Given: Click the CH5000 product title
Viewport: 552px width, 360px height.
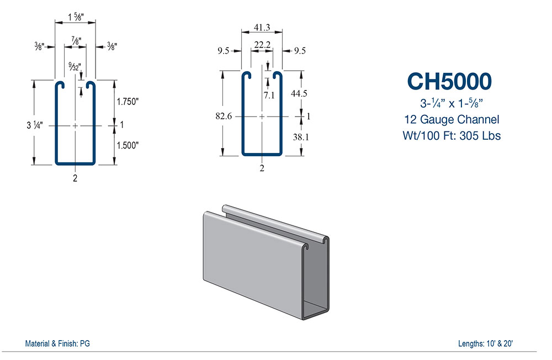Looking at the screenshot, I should pyautogui.click(x=449, y=81).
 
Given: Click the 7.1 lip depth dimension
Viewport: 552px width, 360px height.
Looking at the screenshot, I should pyautogui.click(x=269, y=95).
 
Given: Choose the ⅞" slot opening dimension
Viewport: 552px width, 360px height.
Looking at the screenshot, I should pyautogui.click(x=75, y=41).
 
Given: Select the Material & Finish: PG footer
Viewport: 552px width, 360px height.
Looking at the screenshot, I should pyautogui.click(x=57, y=343).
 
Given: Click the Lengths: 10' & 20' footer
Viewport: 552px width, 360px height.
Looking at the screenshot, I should pyautogui.click(x=486, y=343).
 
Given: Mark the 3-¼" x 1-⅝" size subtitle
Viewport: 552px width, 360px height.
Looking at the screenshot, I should pyautogui.click(x=449, y=103).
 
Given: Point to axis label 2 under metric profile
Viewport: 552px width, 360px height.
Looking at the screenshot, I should pyautogui.click(x=262, y=168).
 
